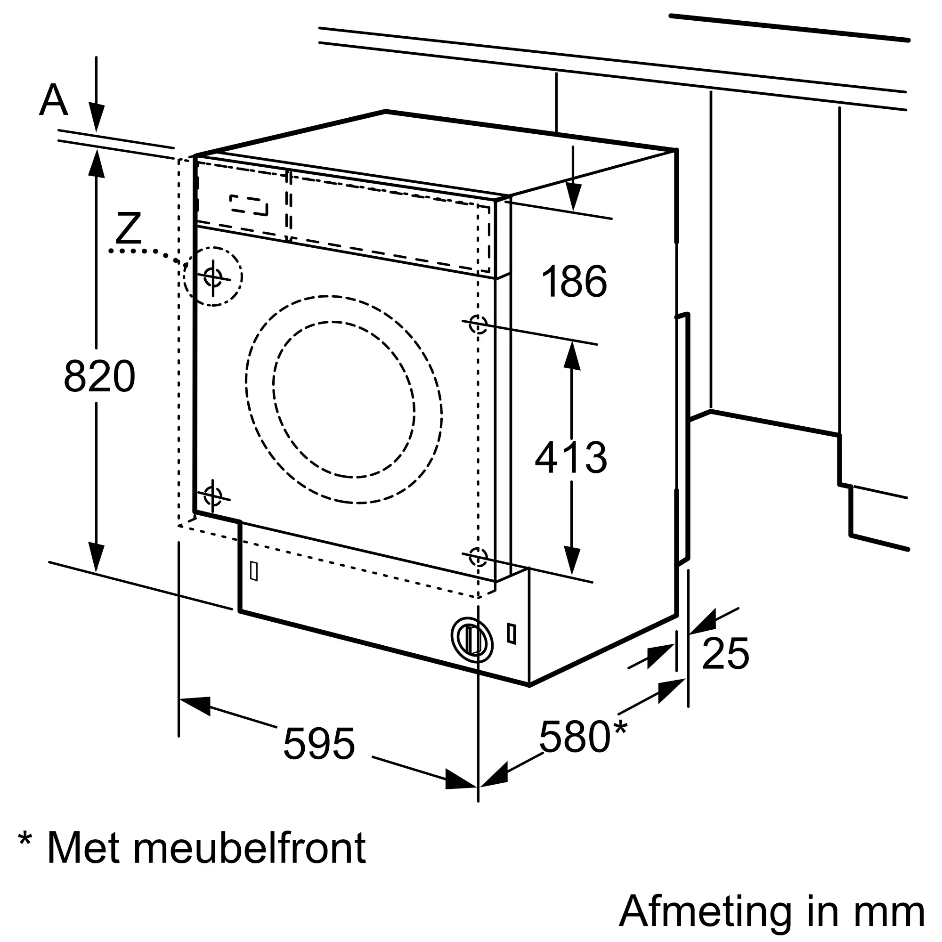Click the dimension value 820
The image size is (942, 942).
tap(99, 375)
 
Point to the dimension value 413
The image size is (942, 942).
tap(571, 457)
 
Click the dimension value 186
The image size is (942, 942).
tap(574, 281)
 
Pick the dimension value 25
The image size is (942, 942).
tap(725, 654)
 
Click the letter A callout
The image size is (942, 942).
tap(53, 100)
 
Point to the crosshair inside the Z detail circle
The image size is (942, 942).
tap(213, 277)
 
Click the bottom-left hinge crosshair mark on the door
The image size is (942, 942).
tap(212, 496)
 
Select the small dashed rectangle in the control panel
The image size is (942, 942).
tap(249, 205)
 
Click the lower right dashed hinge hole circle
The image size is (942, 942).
tap(478, 557)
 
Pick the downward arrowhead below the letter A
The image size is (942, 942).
tap(96, 119)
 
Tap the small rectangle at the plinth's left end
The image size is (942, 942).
tap(253, 571)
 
